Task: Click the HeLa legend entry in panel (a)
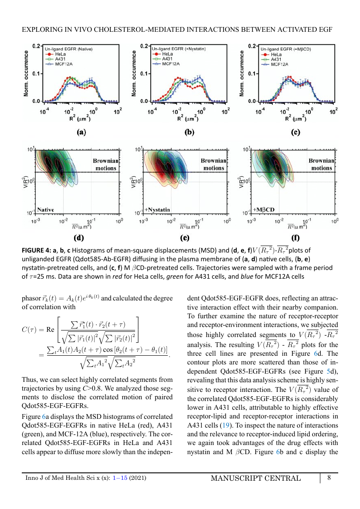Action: pyautogui.click(x=55, y=54)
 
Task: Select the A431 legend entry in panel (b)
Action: pyautogui.click(x=163, y=59)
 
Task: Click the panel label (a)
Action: pyautogui.click(x=81, y=132)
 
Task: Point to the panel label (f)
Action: pyautogui.click(x=295, y=238)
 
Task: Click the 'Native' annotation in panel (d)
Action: pyautogui.click(x=45, y=210)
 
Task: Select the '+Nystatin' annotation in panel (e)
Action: pyautogui.click(x=158, y=210)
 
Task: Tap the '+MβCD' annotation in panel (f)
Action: pyautogui.click(x=264, y=210)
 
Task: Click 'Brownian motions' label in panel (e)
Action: pyautogui.click(x=214, y=164)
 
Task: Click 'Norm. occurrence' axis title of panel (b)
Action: pyautogui.click(x=134, y=73)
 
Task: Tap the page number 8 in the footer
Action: pyautogui.click(x=329, y=478)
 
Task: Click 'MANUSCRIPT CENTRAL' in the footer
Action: pyautogui.click(x=256, y=478)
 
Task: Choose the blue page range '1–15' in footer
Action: pyautogui.click(x=120, y=478)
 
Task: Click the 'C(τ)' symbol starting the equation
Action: pyautogui.click(x=29, y=330)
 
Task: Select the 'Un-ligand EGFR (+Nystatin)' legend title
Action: pyautogui.click(x=179, y=49)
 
